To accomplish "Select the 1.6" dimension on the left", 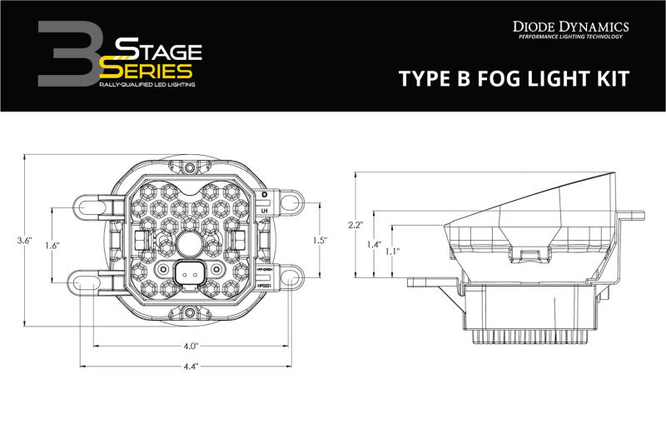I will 51,245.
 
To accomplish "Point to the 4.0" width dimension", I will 190,346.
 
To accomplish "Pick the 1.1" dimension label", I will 392,251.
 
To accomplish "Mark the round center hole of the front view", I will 190,243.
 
